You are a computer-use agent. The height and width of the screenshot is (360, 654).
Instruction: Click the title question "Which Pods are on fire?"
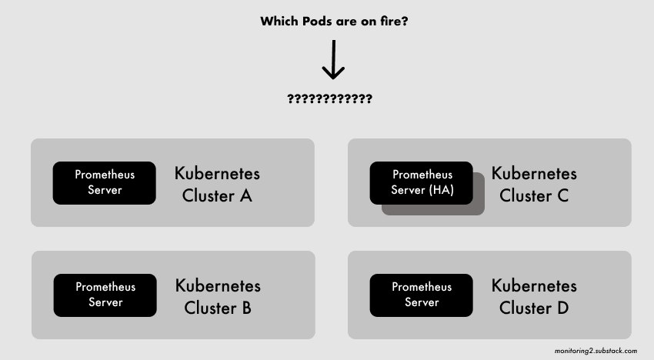click(334, 22)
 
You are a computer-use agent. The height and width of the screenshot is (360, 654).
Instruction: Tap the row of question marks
click(329, 99)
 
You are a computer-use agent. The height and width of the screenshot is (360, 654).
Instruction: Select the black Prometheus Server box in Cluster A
click(105, 182)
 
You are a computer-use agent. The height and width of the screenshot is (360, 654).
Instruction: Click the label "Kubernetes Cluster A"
click(217, 184)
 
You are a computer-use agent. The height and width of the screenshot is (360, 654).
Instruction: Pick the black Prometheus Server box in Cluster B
click(105, 295)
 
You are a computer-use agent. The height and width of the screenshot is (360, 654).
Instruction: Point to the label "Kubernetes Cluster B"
click(218, 297)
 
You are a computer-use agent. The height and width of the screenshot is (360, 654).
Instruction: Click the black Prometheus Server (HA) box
click(422, 182)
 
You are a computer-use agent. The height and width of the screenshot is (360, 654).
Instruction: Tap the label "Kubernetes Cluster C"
click(534, 184)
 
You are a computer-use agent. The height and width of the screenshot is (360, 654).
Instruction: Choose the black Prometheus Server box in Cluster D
click(422, 295)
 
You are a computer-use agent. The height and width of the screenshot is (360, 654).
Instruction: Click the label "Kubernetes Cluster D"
click(534, 297)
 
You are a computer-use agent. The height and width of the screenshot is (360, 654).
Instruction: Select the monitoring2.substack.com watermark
click(596, 351)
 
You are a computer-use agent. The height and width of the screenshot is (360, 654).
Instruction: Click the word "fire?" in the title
click(390, 22)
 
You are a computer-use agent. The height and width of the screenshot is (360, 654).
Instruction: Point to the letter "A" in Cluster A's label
click(245, 195)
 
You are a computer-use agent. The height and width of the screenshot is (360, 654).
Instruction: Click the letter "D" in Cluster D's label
click(562, 308)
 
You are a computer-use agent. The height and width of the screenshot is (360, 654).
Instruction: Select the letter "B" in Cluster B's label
click(246, 308)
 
